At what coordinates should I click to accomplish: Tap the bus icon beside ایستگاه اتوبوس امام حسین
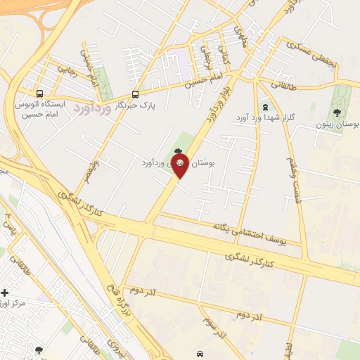[39, 94]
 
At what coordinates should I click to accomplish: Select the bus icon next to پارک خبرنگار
[136, 94]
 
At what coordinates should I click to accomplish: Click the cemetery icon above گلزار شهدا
[264, 108]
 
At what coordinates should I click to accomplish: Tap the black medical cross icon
[5, 292]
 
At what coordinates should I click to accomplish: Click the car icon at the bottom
[200, 354]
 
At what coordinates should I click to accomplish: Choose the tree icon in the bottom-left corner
[39, 349]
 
